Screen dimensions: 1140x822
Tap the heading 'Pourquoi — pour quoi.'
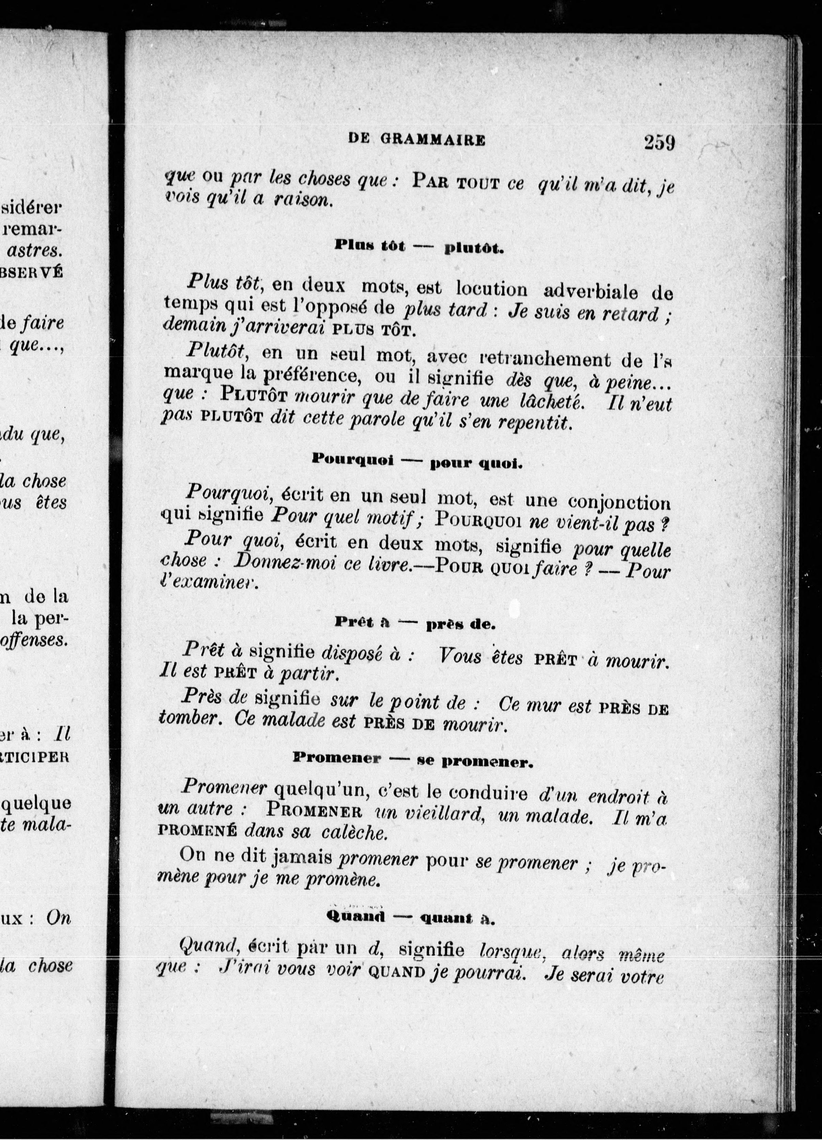[x=417, y=461]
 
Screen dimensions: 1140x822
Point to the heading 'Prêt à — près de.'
[x=415, y=624]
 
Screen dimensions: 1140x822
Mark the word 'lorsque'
[x=513, y=950]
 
